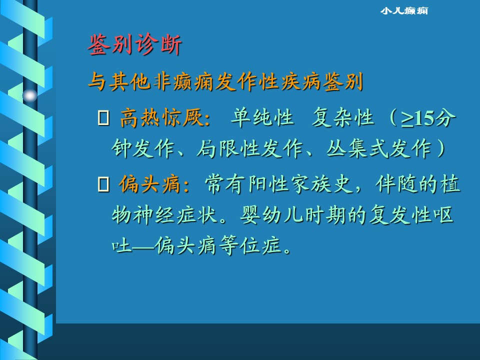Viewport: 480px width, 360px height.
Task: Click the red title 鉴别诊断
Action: (134, 44)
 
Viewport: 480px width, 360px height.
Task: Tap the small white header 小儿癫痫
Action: (404, 11)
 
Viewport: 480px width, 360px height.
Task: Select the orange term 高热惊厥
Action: (161, 117)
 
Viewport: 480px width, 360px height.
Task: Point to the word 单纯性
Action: (262, 117)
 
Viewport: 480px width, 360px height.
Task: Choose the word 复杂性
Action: (343, 117)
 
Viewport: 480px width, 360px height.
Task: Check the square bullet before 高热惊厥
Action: (103, 118)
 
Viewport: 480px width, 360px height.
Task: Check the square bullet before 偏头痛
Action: (103, 184)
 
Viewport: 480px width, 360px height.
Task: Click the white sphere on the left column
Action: (30, 96)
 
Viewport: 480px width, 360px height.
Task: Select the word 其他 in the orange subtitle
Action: (130, 81)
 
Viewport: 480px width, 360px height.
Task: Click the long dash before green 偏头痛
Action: (143, 246)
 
